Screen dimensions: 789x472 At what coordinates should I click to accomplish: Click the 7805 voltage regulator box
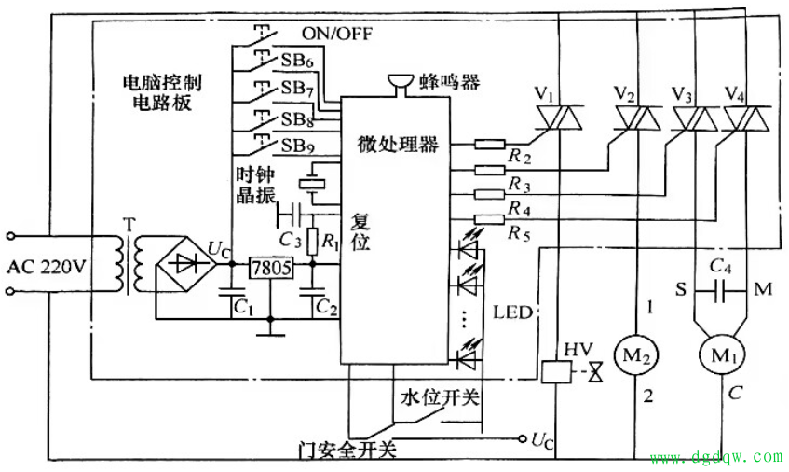coord(271,268)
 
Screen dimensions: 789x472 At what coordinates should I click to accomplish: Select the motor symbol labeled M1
coord(723,355)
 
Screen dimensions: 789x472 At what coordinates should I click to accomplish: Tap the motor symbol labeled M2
coord(636,355)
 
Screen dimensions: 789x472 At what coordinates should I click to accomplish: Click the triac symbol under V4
coord(747,118)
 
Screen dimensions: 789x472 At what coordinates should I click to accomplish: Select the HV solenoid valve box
coord(556,372)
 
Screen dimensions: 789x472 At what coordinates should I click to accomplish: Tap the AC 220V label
coord(47,266)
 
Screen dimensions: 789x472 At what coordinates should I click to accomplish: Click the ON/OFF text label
coord(337,34)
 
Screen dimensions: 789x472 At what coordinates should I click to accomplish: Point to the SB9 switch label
coord(297,146)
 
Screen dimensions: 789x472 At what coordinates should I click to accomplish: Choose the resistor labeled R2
coord(490,145)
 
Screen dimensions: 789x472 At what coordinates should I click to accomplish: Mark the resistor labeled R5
coord(490,218)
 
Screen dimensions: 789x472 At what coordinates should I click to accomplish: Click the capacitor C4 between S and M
coord(719,291)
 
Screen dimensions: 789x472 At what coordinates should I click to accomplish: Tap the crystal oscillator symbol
coord(312,184)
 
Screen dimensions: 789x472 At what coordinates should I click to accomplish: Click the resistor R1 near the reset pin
coord(312,242)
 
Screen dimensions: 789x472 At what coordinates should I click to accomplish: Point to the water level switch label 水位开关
coord(441,397)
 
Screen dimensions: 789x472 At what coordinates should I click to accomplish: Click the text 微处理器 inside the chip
coord(398,145)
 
